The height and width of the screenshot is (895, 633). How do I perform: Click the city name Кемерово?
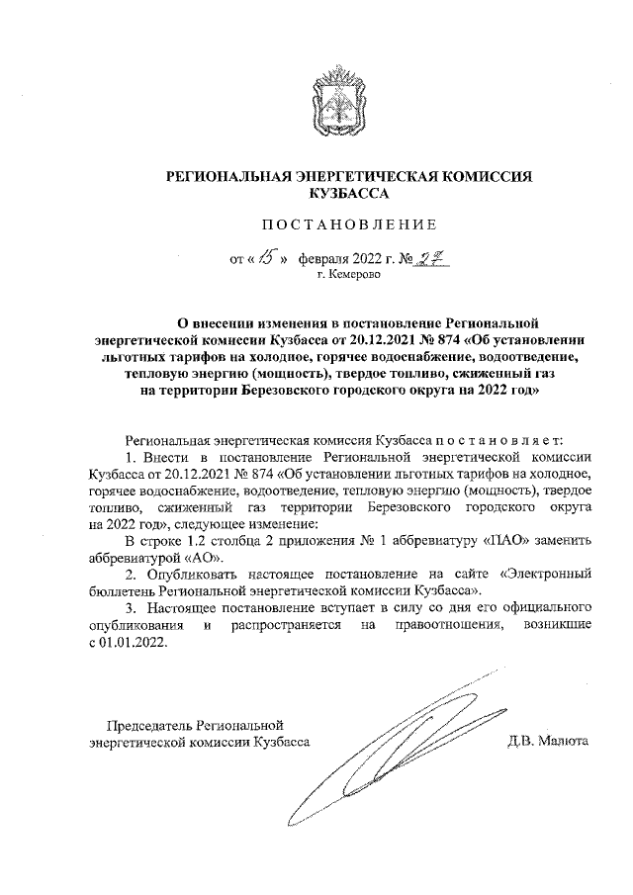[348, 278]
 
